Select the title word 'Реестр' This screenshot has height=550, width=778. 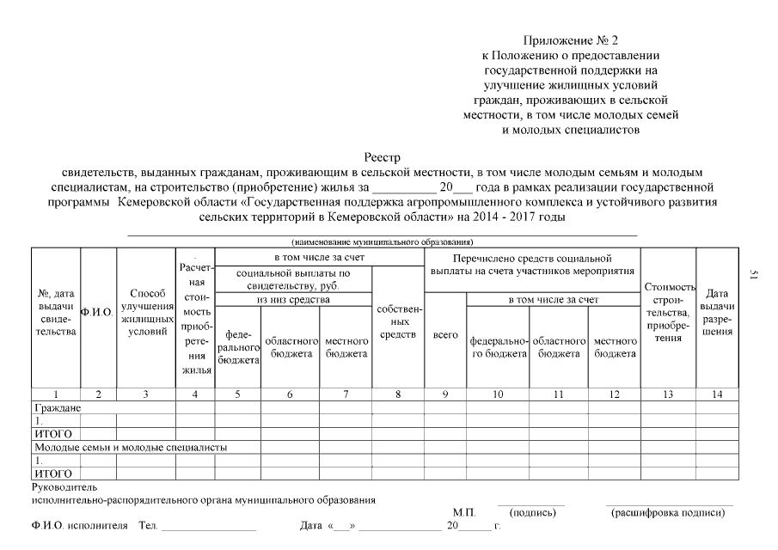pyautogui.click(x=389, y=157)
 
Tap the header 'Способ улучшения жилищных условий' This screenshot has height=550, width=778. pyautogui.click(x=146, y=314)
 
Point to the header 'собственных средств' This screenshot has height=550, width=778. pyautogui.click(x=398, y=321)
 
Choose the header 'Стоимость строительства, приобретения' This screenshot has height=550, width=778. pyautogui.click(x=669, y=313)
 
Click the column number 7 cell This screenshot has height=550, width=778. pyautogui.click(x=346, y=394)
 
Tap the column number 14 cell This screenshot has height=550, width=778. pyautogui.click(x=717, y=394)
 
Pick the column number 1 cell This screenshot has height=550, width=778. pyautogui.click(x=56, y=394)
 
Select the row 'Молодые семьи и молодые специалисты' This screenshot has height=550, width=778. pyautogui.click(x=130, y=448)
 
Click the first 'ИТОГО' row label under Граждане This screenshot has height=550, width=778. pyautogui.click(x=52, y=434)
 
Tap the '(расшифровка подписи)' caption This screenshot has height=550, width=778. pyautogui.click(x=667, y=513)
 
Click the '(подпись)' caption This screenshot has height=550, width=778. pyautogui.click(x=533, y=513)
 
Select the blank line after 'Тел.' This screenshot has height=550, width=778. pyautogui.click(x=208, y=526)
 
